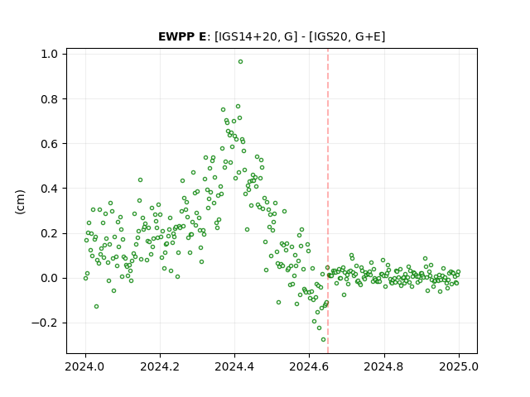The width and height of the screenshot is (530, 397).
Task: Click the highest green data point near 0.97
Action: (x=240, y=62)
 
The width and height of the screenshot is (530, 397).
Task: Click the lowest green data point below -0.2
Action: (x=324, y=340)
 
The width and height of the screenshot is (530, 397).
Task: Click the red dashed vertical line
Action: (x=328, y=201)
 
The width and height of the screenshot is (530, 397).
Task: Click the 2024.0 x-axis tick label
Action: (x=85, y=366)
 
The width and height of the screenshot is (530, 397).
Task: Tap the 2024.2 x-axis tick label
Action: (x=160, y=366)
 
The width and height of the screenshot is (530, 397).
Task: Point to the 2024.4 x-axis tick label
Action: (x=234, y=366)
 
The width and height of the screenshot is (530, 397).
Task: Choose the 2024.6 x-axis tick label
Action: (x=309, y=366)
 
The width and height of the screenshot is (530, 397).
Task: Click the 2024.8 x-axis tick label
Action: (x=384, y=366)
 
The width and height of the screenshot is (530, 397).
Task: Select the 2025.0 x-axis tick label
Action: (x=459, y=366)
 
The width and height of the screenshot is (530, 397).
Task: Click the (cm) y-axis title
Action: (x=20, y=202)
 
